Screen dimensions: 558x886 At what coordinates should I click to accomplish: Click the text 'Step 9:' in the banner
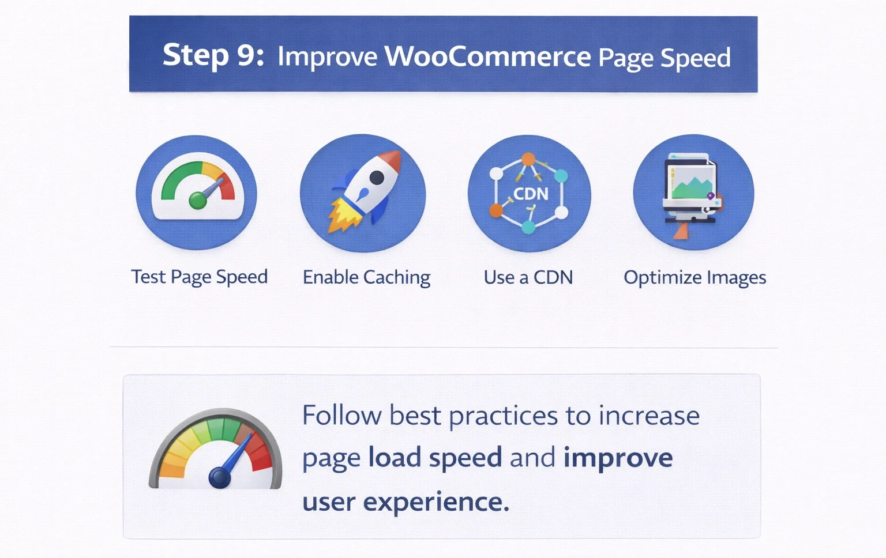[213, 55]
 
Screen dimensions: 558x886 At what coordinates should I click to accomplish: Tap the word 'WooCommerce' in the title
[487, 56]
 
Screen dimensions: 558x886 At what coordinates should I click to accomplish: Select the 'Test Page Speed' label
[199, 277]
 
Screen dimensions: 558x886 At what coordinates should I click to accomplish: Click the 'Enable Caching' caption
[366, 278]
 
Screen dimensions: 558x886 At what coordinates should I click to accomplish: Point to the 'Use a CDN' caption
[528, 278]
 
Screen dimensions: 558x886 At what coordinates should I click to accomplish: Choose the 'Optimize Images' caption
[694, 278]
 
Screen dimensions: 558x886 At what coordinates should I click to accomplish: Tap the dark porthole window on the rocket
[377, 178]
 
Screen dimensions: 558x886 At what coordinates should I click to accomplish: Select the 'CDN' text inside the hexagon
[530, 194]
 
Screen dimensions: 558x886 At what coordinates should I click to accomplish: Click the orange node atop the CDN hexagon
[528, 159]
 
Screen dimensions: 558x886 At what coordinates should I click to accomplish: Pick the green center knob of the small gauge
[197, 201]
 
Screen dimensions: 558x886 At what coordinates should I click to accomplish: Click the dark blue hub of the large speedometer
[219, 478]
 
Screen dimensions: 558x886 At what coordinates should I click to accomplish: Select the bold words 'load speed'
[435, 458]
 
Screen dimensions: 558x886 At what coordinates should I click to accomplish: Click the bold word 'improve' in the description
[618, 458]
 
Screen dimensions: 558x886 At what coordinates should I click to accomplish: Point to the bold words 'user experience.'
[406, 502]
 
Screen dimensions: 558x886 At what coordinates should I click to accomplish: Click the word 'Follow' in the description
[342, 415]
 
